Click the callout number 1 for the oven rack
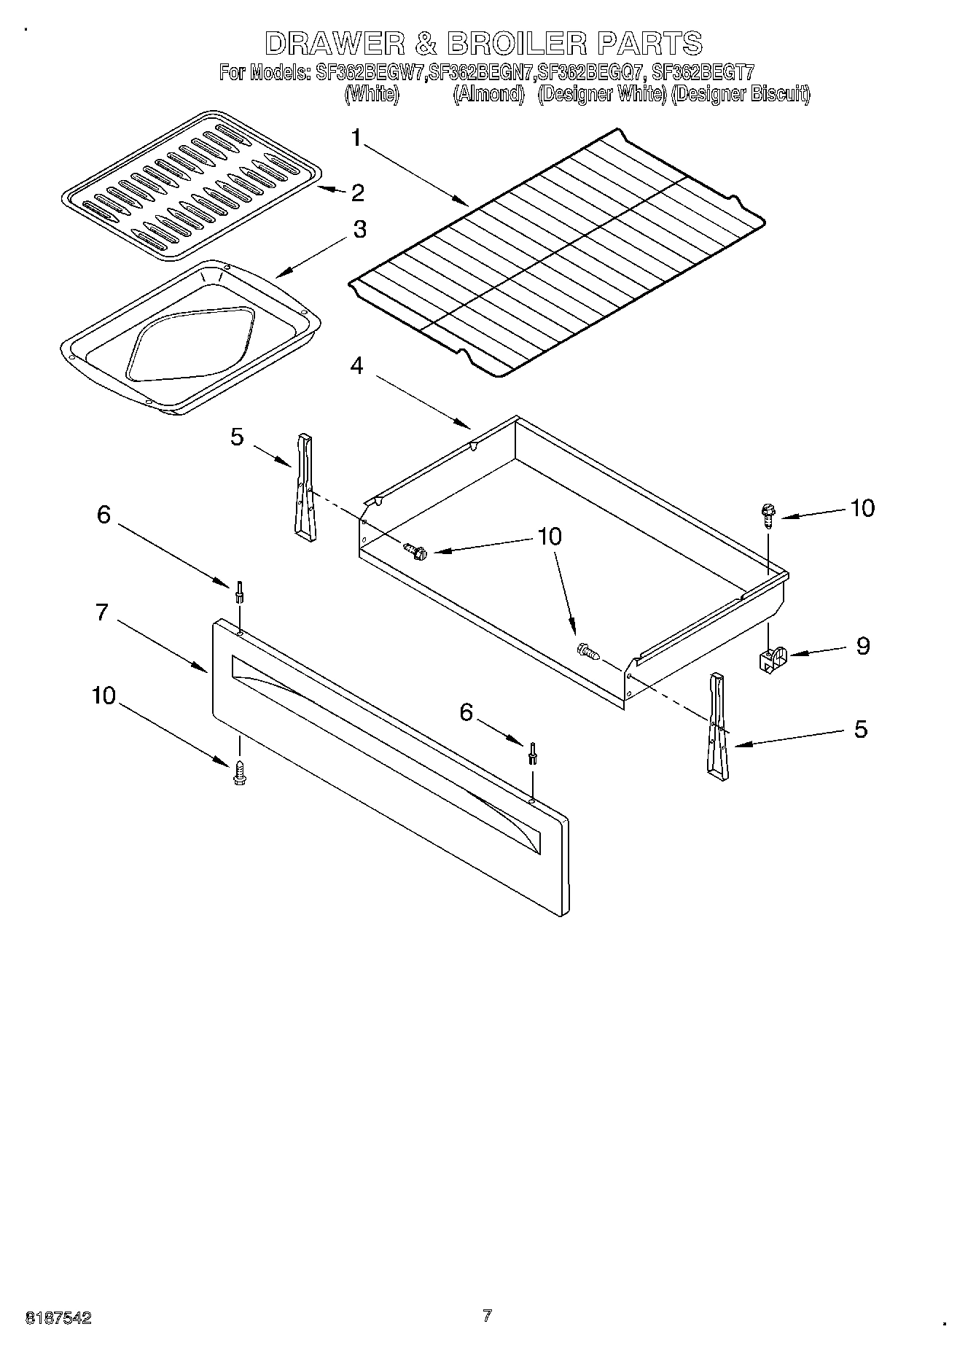[356, 138]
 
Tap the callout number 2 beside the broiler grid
[357, 193]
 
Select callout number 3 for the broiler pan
[359, 230]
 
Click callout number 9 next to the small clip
[863, 646]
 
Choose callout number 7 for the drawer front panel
[102, 612]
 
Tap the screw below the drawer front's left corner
[238, 773]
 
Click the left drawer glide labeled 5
[304, 488]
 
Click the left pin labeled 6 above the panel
[238, 591]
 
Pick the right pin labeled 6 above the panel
[534, 753]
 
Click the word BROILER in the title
[516, 44]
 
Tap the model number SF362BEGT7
[703, 73]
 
